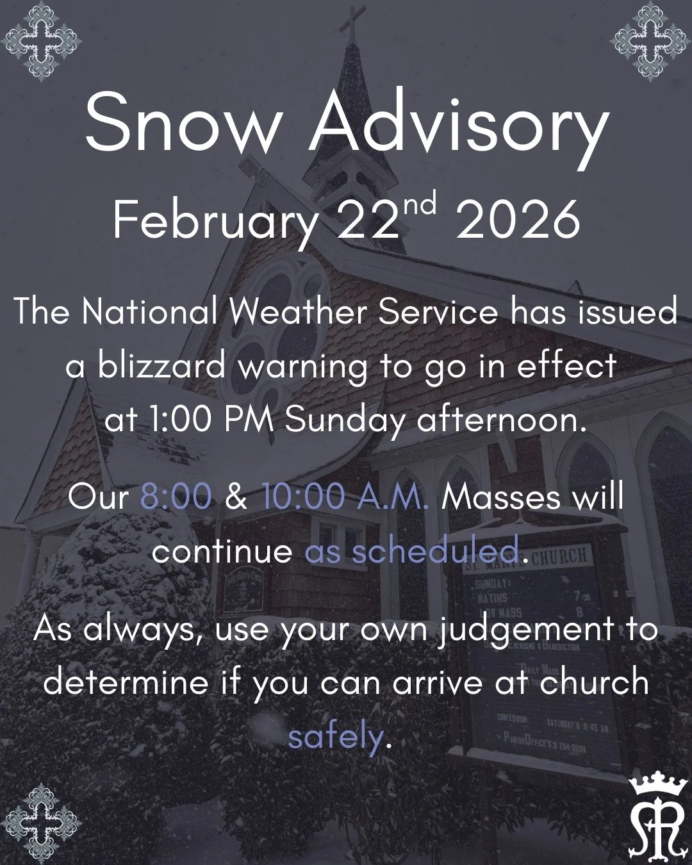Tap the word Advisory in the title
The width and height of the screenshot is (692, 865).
coord(459,127)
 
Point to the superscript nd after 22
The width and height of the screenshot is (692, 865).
coord(420,206)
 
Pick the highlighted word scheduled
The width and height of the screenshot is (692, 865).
coord(435,551)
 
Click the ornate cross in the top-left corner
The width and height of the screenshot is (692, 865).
coord(40,40)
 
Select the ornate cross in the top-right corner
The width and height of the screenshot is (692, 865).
coord(652,40)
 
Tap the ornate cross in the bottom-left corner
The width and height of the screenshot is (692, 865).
coord(40,824)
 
